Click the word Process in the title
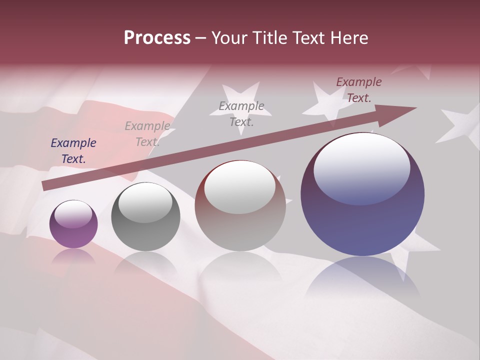[x=157, y=38]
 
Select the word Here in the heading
[x=349, y=38]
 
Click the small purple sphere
[x=73, y=224]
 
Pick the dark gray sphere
[x=145, y=217]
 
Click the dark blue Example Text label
[x=73, y=151]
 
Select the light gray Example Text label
[x=147, y=134]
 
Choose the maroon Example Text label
[x=359, y=90]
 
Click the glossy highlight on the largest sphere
[x=362, y=168]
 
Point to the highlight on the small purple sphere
[x=73, y=213]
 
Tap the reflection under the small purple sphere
[x=73, y=257]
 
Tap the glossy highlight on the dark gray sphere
[x=145, y=202]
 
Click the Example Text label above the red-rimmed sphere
[x=241, y=113]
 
